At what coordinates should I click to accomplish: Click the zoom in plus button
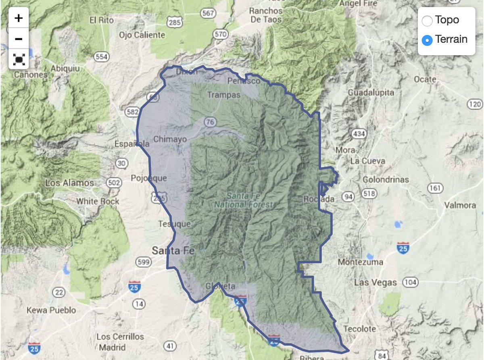click(19, 18)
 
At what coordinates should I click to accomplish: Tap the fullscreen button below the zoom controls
click(19, 60)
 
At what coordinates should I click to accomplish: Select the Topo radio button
click(427, 20)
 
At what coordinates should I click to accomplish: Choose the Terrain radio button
click(427, 40)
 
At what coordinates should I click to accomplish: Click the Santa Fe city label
click(173, 251)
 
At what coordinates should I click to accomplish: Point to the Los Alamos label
click(69, 183)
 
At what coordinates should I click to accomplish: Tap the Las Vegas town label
click(375, 283)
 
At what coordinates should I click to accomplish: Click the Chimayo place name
click(171, 139)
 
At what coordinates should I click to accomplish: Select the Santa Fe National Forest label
click(243, 200)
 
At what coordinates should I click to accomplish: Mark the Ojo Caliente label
click(142, 35)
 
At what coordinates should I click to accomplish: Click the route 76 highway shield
click(210, 122)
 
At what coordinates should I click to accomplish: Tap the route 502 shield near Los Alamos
click(114, 183)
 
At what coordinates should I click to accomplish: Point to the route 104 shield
click(410, 283)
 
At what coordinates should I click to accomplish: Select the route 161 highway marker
click(435, 188)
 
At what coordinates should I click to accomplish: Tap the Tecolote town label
click(360, 329)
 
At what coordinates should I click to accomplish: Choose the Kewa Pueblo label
click(51, 310)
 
